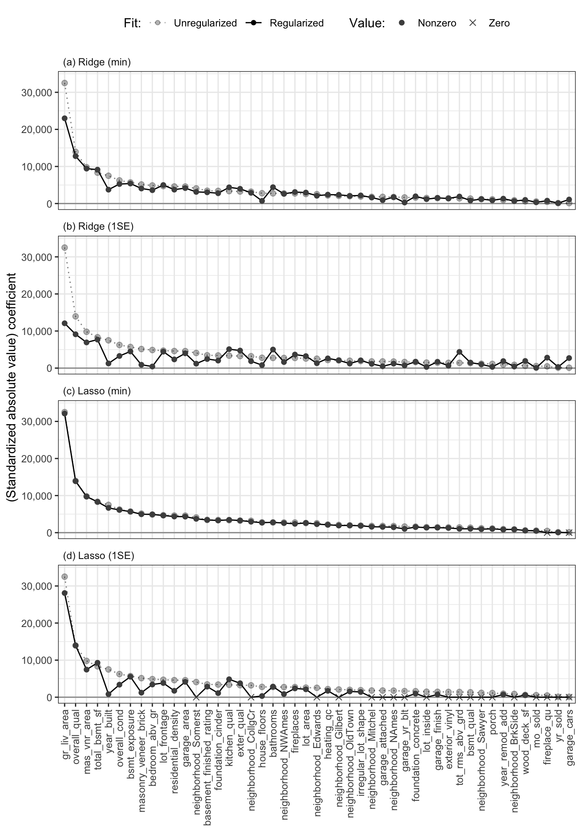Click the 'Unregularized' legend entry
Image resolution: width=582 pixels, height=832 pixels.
pyautogui.click(x=205, y=23)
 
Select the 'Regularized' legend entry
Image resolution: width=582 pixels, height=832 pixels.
pyautogui.click(x=296, y=23)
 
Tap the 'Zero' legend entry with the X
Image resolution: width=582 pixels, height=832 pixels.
pyautogui.click(x=499, y=23)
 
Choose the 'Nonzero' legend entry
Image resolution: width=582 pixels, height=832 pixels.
pyautogui.click(x=436, y=23)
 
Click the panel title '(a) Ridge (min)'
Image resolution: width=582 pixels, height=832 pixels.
pyautogui.click(x=97, y=62)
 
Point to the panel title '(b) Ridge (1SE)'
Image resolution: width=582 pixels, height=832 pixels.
pyautogui.click(x=98, y=227)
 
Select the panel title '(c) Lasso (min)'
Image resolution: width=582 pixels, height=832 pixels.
pyautogui.click(x=97, y=391)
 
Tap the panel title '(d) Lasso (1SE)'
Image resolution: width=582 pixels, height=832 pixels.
pyautogui.click(x=98, y=556)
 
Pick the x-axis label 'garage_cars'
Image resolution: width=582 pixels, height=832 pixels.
pyautogui.click(x=569, y=732)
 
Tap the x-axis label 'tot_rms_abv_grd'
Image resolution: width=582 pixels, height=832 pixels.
pyautogui.click(x=459, y=739)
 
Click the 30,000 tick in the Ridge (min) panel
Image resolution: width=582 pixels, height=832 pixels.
pyautogui.click(x=36, y=93)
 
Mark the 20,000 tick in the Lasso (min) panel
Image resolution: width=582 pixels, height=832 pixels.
pyautogui.click(x=36, y=459)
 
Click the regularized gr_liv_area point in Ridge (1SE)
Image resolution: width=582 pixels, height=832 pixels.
pyautogui.click(x=65, y=323)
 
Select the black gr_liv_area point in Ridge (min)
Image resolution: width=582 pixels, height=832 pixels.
pyautogui.click(x=65, y=118)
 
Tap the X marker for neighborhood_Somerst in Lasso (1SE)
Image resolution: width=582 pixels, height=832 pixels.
pyautogui.click(x=196, y=697)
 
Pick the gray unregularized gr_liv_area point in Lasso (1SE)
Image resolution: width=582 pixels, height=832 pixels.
pyautogui.click(x=65, y=577)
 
